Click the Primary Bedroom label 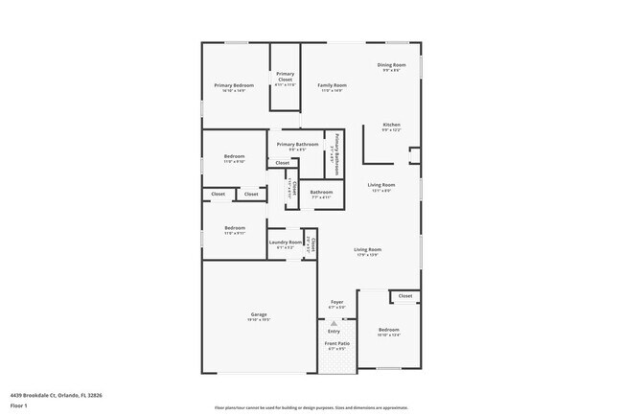point(234,85)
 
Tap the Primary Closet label point(286,75)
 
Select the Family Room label point(332,85)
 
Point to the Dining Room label point(391,65)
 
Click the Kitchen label point(391,125)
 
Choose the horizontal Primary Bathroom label point(297,145)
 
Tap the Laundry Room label point(286,243)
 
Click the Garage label point(259,314)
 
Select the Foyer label point(337,302)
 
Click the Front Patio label point(336,343)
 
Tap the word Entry point(335,332)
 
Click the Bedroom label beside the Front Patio point(387,329)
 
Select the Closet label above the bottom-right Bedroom point(405,296)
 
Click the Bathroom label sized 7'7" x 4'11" point(321,192)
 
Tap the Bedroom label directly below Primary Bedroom point(234,156)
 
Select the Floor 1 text point(19,405)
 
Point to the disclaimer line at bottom point(311,406)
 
